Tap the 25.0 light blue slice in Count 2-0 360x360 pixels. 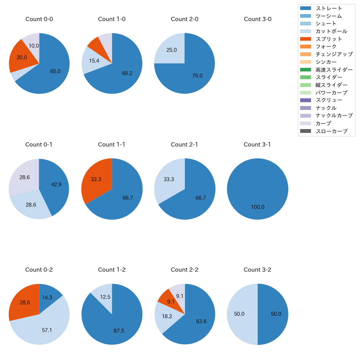(172, 50)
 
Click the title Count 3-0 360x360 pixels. (258, 19)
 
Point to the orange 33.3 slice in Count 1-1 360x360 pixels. (96, 179)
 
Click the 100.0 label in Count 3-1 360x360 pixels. (258, 207)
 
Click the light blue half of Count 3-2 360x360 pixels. (240, 314)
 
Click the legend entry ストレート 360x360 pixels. (329, 8)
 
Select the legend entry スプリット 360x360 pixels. (329, 39)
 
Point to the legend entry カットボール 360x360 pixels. (331, 31)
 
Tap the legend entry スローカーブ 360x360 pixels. (331, 131)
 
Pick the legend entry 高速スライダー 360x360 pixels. (334, 70)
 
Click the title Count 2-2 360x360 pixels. (185, 270)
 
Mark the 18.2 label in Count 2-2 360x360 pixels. (167, 316)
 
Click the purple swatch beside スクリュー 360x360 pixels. (305, 100)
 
